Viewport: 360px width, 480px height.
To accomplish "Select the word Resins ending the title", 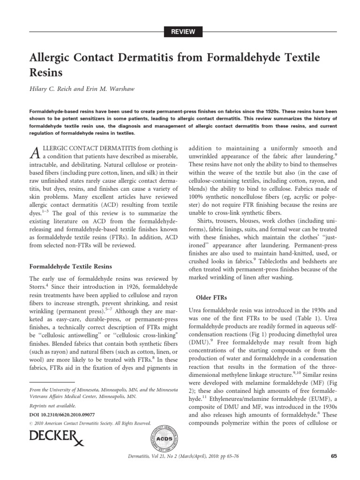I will [x=46, y=74].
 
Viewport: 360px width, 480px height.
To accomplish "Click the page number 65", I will [x=334, y=456].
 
